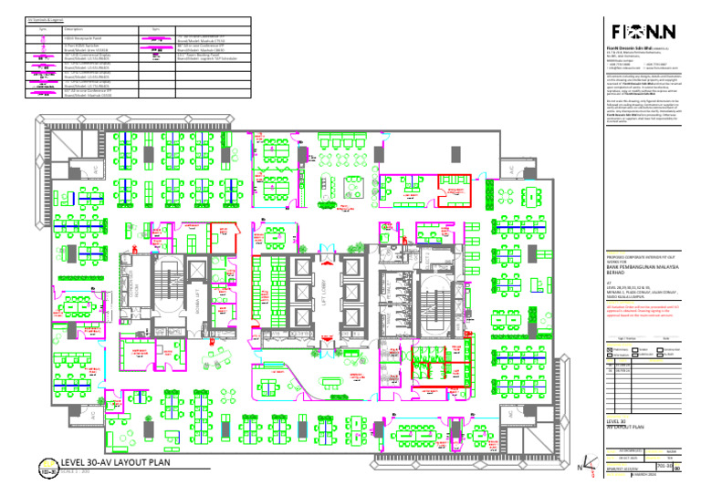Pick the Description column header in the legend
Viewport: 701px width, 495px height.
point(74,28)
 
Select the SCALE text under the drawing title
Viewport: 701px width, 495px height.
point(77,472)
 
